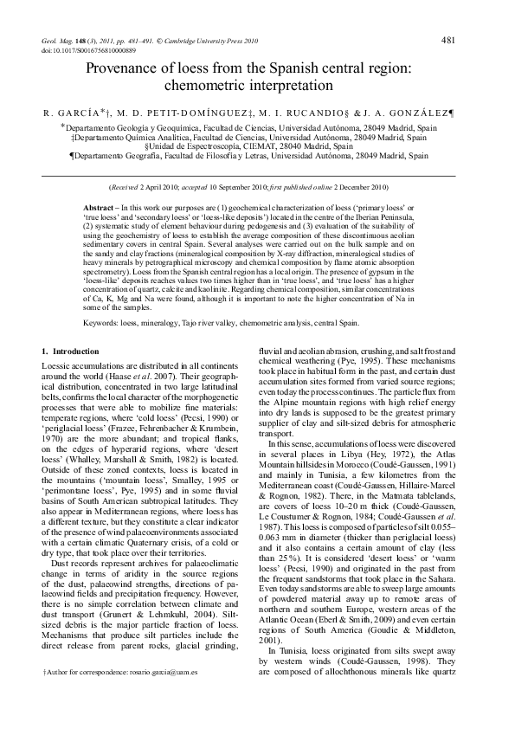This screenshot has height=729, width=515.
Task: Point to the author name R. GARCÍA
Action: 72,113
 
